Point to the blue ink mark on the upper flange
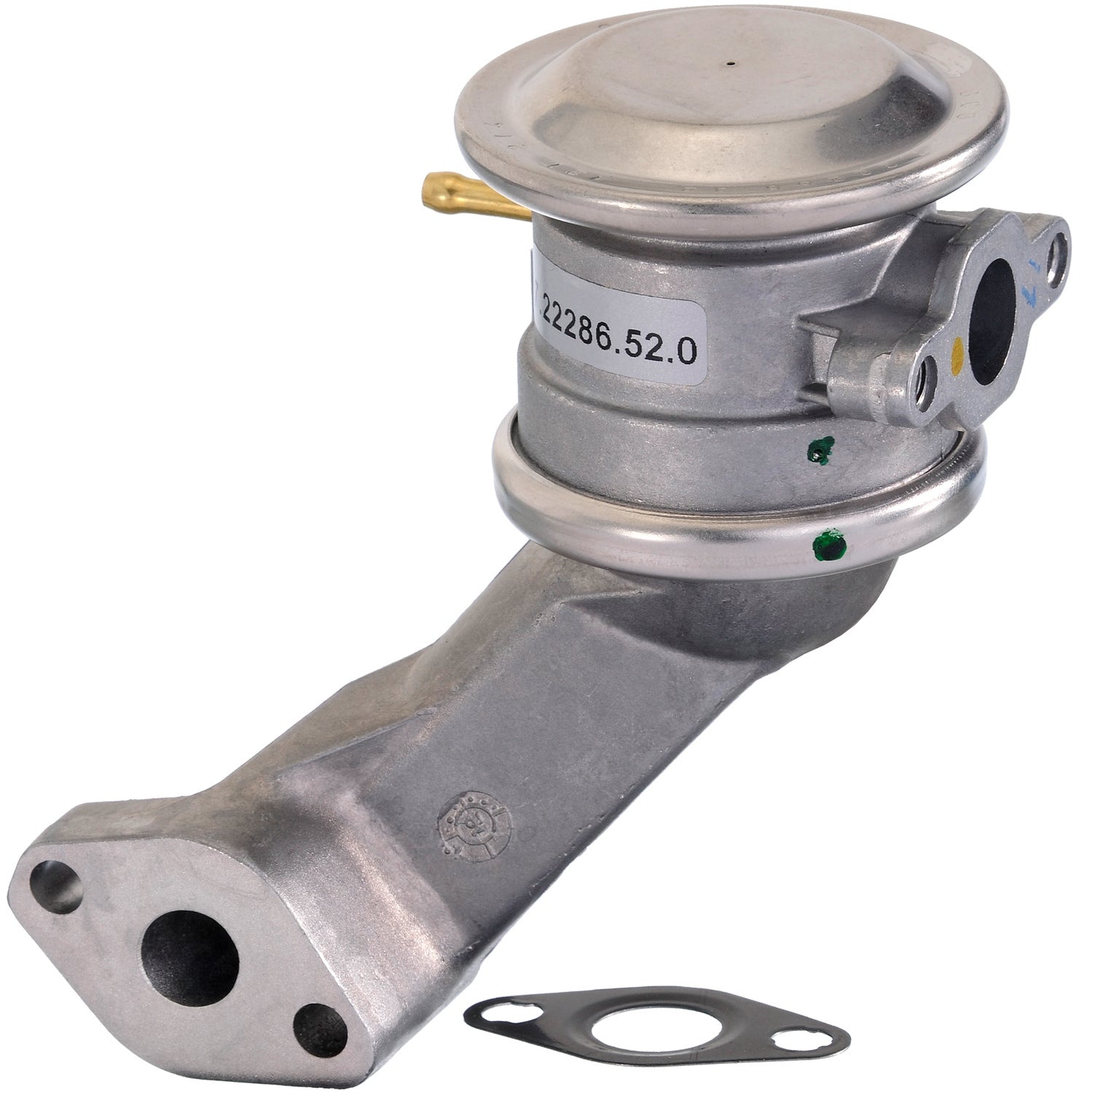coord(1031,289)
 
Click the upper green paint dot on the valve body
coord(821,451)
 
